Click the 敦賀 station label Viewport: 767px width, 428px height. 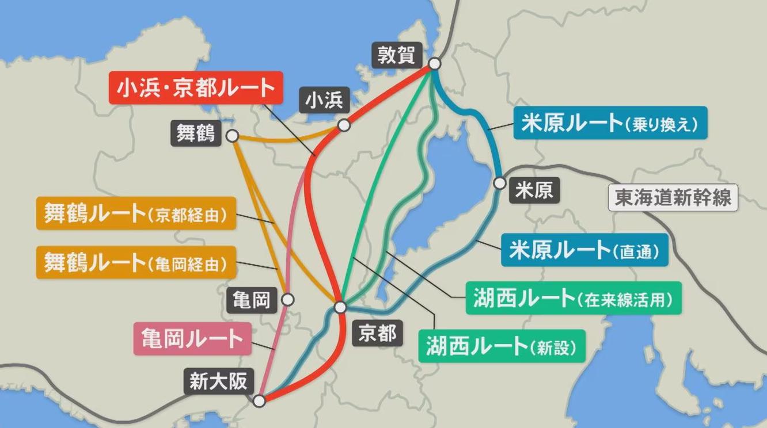[396, 55]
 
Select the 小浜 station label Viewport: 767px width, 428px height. [324, 101]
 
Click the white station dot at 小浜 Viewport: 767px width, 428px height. [344, 125]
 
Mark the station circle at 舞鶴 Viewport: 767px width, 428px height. [233, 136]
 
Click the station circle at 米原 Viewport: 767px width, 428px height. [500, 183]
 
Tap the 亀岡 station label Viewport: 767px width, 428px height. [252, 300]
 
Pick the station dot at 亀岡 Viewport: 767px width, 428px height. [288, 300]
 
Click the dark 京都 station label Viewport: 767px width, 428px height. [377, 333]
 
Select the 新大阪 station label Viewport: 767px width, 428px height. [218, 382]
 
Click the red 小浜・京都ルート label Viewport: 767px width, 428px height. [196, 87]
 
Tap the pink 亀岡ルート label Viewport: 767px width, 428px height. [192, 338]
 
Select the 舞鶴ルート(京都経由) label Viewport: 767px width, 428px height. [136, 213]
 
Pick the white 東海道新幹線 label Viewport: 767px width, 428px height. [673, 198]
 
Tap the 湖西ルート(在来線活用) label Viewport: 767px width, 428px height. [573, 298]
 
